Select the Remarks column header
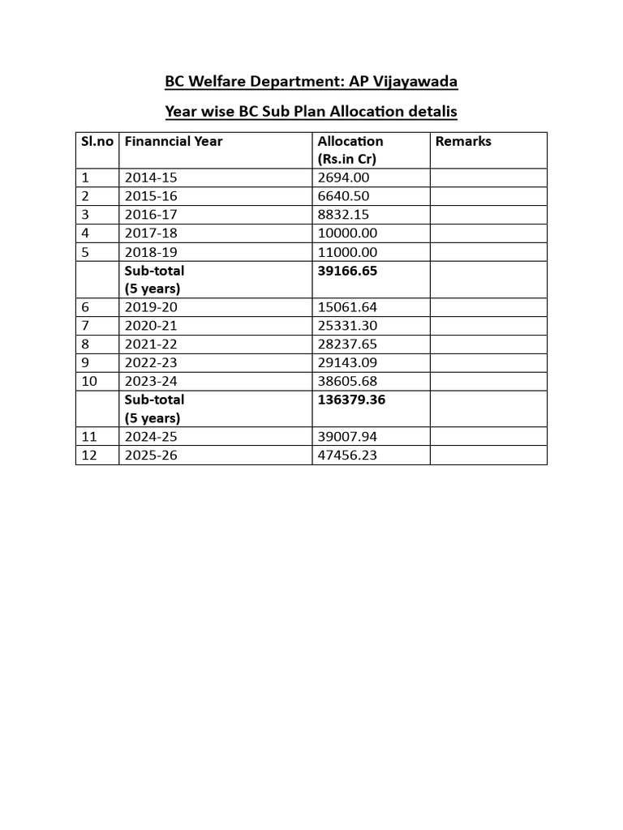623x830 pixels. pyautogui.click(x=463, y=141)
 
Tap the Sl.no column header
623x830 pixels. pyautogui.click(x=97, y=141)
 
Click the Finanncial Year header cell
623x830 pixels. pyautogui.click(x=174, y=141)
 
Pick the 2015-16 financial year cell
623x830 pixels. pyautogui.click(x=151, y=196)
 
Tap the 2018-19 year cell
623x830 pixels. pyautogui.click(x=151, y=252)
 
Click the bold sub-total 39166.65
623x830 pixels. pyautogui.click(x=347, y=271)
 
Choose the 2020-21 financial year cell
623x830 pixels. pyautogui.click(x=151, y=326)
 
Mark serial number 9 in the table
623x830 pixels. pyautogui.click(x=85, y=363)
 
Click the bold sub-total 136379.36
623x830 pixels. pyautogui.click(x=351, y=400)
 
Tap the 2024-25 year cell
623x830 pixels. pyautogui.click(x=151, y=437)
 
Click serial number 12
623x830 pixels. pyautogui.click(x=89, y=456)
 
